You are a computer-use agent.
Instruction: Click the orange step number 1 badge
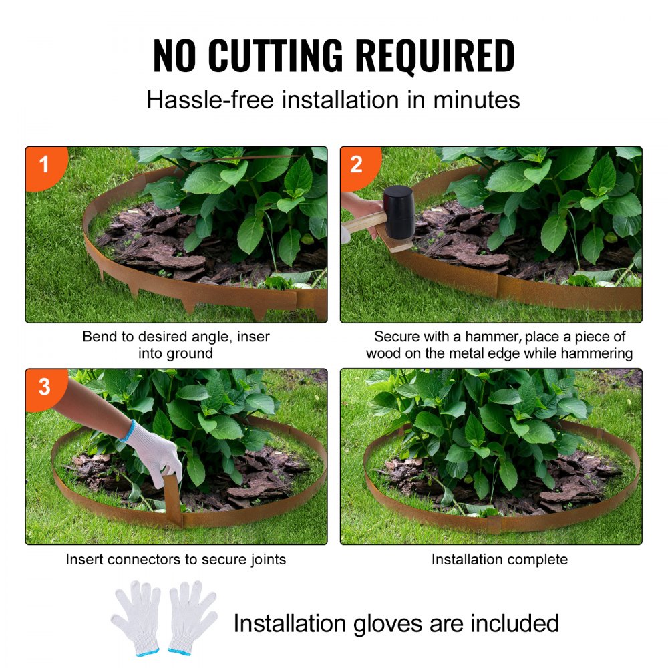[x=44, y=164]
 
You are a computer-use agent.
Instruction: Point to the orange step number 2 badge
[x=357, y=164]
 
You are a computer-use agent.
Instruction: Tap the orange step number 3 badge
[x=44, y=386]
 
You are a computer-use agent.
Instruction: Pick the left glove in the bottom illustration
[x=137, y=615]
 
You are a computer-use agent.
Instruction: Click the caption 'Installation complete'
[x=499, y=560]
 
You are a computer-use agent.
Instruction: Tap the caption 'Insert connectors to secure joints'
[x=176, y=560]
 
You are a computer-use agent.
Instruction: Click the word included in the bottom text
[x=514, y=623]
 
